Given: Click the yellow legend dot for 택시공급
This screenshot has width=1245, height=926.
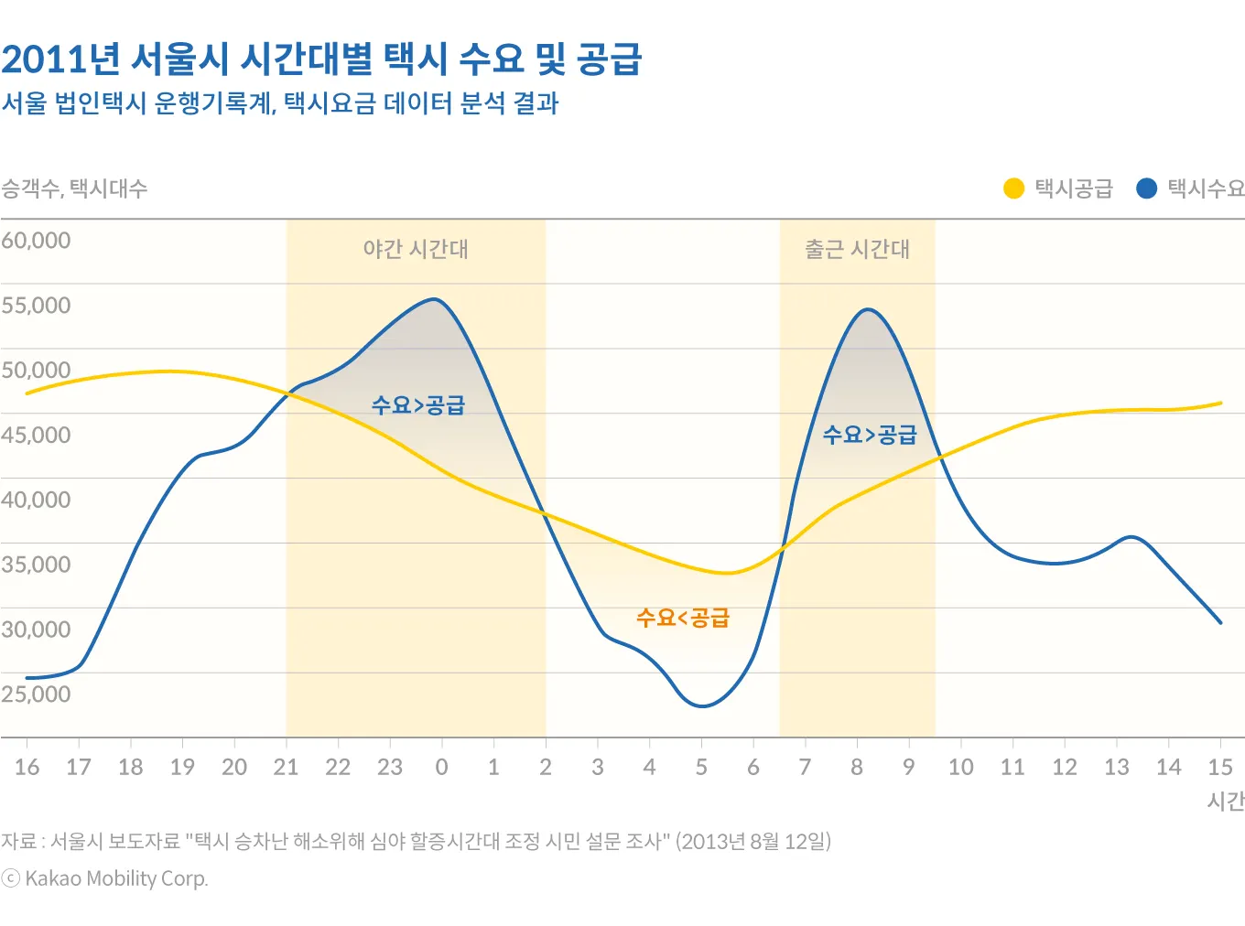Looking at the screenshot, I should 1013,188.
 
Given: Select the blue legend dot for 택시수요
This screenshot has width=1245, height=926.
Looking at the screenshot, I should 1146,188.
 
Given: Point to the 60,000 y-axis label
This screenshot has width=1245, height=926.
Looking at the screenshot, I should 36,241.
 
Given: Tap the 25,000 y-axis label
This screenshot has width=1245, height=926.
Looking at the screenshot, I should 36,694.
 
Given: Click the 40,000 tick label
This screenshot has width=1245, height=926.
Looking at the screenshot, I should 36,501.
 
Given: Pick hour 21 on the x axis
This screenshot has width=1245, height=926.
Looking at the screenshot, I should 286,767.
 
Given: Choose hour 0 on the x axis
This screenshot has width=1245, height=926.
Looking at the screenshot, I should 441,767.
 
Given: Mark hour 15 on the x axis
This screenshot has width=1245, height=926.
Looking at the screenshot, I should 1219,767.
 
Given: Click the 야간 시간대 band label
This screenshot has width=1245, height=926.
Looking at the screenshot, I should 416,249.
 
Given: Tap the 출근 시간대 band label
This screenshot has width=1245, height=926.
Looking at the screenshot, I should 857,249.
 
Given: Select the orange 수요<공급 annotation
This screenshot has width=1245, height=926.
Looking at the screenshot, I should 683,619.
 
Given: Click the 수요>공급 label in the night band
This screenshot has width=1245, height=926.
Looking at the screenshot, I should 418,405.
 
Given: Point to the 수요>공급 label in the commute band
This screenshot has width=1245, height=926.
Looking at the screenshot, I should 870,435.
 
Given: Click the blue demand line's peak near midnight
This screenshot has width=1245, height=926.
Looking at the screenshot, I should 436,299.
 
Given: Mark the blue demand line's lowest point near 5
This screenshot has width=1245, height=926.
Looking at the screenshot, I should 702,705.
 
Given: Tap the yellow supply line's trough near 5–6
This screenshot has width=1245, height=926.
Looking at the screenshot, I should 728,573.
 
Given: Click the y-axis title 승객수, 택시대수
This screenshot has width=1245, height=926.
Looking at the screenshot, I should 74,188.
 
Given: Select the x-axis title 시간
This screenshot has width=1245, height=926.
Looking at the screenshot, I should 1226,802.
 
